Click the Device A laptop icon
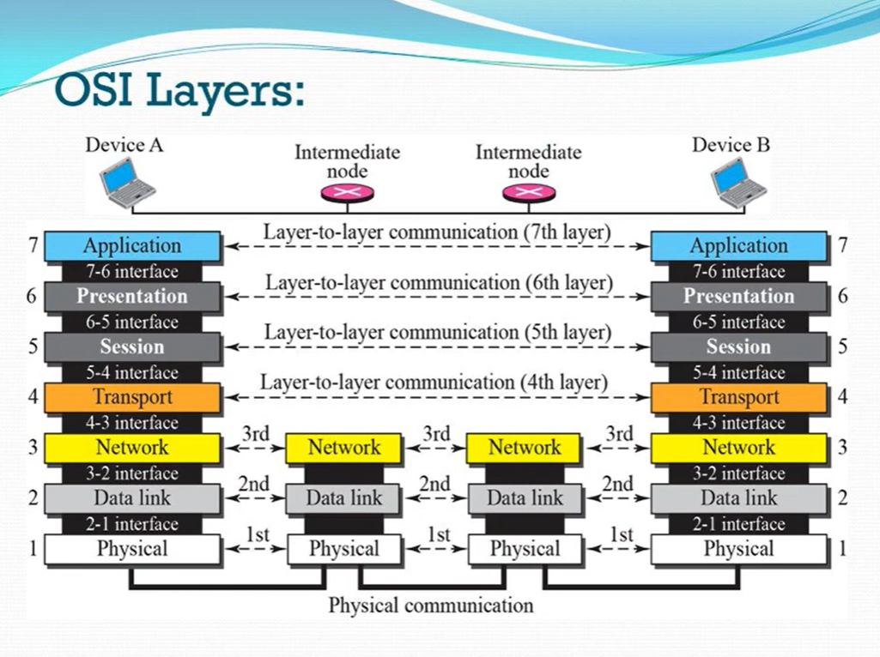(x=127, y=183)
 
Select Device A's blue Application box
(x=132, y=246)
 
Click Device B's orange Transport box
(x=738, y=397)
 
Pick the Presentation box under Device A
(x=132, y=297)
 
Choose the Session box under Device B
(x=738, y=347)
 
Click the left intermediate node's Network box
(x=344, y=448)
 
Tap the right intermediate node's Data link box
(x=525, y=498)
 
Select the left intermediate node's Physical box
(x=344, y=549)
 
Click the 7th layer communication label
(x=437, y=232)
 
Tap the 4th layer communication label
(x=434, y=383)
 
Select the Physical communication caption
(x=431, y=606)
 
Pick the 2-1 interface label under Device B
(x=738, y=524)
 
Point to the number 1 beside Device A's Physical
(x=33, y=549)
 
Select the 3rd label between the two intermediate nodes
(x=436, y=434)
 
